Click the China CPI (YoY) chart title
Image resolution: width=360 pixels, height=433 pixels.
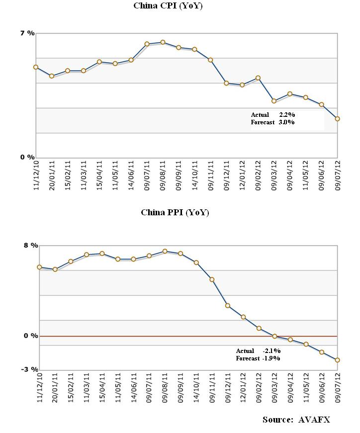[x=168, y=6]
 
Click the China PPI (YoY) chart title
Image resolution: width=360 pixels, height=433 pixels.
[x=175, y=212]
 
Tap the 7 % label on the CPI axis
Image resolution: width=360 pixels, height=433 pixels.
[x=27, y=33]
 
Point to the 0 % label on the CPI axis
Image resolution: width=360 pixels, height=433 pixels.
[x=27, y=157]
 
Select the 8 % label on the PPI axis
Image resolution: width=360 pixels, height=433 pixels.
[x=31, y=245]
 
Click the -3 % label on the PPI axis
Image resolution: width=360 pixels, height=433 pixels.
[x=30, y=369]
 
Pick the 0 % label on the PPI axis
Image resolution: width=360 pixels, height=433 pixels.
[x=31, y=336]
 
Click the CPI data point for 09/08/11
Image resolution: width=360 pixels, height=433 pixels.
[x=163, y=42]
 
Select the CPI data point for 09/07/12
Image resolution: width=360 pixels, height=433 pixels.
[x=337, y=119]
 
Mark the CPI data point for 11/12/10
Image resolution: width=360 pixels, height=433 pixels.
[x=36, y=67]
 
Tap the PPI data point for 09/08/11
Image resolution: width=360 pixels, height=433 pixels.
[x=165, y=252]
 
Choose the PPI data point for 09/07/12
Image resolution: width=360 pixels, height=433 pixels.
[x=337, y=360]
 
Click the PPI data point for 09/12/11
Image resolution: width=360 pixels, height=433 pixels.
[x=228, y=306]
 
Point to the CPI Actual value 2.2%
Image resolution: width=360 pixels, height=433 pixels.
[x=287, y=115]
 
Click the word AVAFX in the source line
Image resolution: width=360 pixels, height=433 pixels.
[x=314, y=420]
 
